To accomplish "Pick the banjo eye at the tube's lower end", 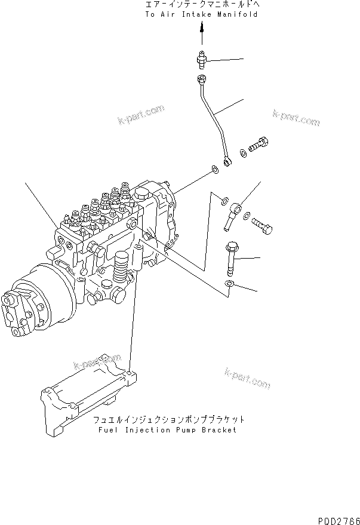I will pos(227,161).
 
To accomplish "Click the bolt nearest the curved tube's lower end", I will pos(261,145).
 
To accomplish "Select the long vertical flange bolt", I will pos(232,254).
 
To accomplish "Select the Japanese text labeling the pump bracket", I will pos(169,419).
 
